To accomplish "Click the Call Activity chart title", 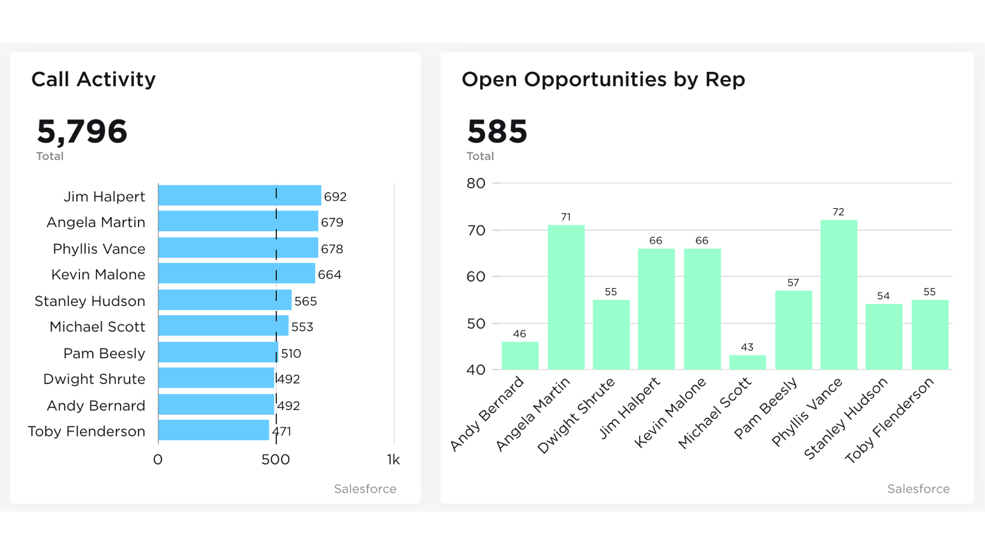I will tap(94, 79).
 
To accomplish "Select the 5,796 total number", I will tap(82, 132).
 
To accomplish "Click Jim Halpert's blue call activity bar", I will tap(239, 196).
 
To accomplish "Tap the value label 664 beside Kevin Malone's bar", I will tap(329, 275).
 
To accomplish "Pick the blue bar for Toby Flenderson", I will tap(213, 430).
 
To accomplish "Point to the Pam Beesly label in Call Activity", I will tap(104, 353).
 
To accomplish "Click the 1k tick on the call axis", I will tap(393, 460).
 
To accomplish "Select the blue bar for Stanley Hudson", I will tap(224, 300).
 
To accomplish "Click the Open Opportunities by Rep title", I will tap(603, 79).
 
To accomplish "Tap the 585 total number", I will tap(497, 132).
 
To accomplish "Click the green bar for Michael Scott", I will tap(747, 363).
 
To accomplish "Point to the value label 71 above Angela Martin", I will tap(566, 217).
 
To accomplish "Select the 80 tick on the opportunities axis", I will tap(476, 183).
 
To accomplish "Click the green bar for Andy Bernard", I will tap(520, 356).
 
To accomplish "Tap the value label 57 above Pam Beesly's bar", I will tap(793, 283).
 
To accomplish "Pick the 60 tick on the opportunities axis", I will tap(476, 277).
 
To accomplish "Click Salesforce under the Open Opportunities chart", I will tap(918, 489).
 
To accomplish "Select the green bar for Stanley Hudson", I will tap(883, 337).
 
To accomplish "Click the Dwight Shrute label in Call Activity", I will tap(94, 379).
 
